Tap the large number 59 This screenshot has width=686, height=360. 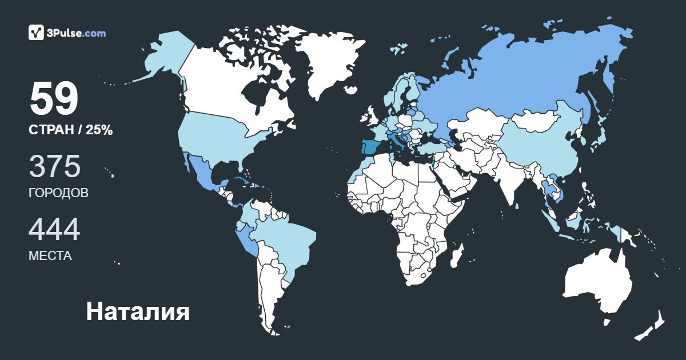(54, 99)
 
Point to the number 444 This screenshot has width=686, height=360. (54, 230)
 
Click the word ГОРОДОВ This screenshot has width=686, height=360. (58, 193)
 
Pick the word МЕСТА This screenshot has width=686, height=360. (50, 256)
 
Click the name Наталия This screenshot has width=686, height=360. (137, 312)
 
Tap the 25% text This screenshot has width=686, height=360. (99, 130)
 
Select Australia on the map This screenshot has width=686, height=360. (597, 283)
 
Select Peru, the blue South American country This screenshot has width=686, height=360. (247, 240)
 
